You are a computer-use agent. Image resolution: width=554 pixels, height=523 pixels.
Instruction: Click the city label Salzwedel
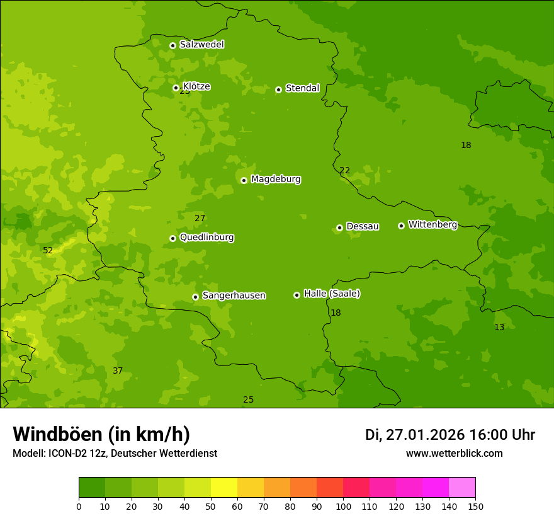pos(201,45)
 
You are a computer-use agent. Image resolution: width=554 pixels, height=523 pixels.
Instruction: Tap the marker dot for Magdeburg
pos(244,180)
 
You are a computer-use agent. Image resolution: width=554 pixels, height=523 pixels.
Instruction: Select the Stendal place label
pos(302,88)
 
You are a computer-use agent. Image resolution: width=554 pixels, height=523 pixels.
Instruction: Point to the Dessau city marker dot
pos(339,227)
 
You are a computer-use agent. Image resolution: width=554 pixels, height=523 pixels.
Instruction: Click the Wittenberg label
pos(432,224)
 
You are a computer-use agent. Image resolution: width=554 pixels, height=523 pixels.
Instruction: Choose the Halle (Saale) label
pos(332,294)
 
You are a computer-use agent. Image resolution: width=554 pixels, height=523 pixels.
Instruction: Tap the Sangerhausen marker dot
pos(195,297)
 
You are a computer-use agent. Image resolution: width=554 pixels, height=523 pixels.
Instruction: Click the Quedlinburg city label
pos(206,238)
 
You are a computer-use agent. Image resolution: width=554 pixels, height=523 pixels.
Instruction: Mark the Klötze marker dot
pos(176,88)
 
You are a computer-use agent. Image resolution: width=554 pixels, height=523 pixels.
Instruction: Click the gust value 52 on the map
pos(48,251)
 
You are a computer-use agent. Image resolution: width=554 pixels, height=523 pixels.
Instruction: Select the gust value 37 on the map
pos(118,371)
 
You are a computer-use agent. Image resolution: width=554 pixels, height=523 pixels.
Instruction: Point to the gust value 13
pos(499,328)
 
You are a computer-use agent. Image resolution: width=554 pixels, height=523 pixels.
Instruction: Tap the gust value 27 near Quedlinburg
pos(200,219)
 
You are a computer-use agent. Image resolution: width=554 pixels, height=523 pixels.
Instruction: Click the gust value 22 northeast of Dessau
pos(344,171)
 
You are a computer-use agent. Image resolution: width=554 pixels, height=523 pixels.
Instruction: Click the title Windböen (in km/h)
pos(101,434)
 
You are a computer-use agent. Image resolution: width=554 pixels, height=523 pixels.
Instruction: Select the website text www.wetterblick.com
pos(454,454)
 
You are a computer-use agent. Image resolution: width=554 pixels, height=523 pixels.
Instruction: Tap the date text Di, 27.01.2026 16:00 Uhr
pos(449,435)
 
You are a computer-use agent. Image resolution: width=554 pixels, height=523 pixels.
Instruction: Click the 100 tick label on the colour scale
pos(343,507)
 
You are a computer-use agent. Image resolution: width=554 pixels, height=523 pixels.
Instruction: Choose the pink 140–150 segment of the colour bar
pos(462,488)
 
